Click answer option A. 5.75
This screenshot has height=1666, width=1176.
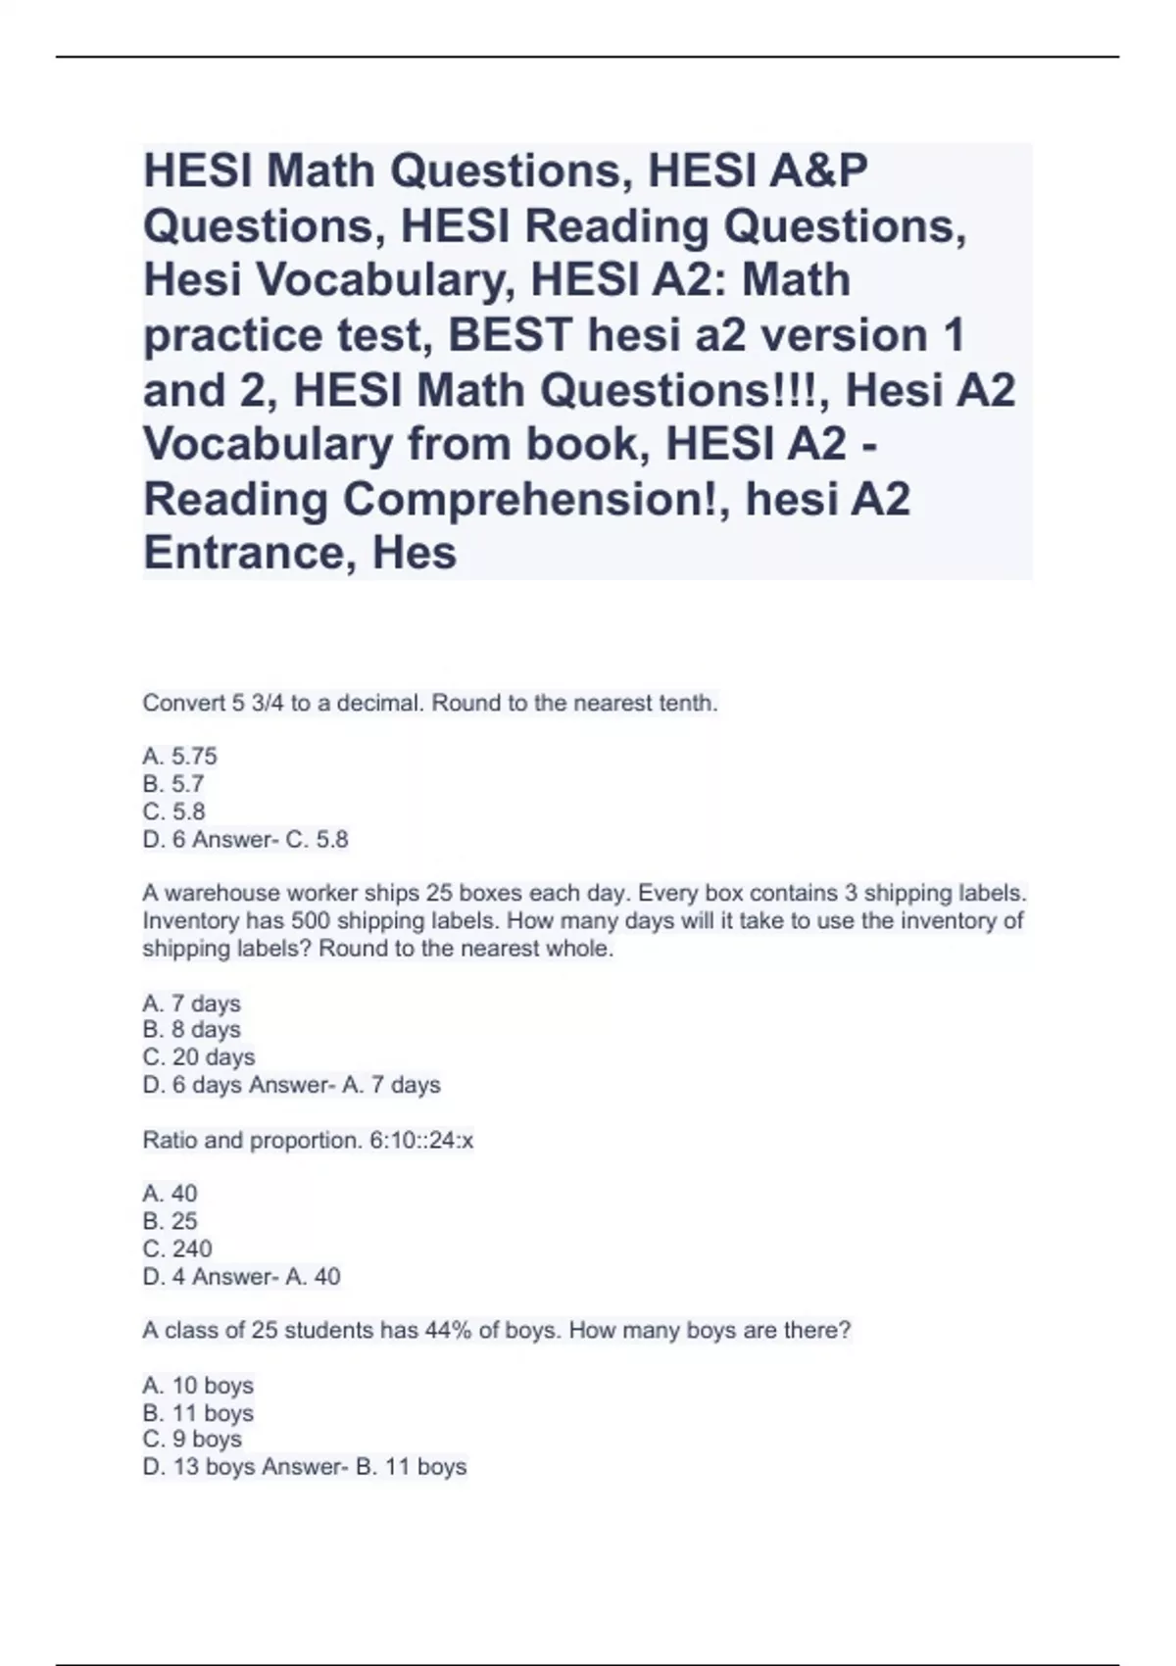pyautogui.click(x=179, y=757)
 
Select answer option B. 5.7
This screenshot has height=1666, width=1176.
pyautogui.click(x=173, y=784)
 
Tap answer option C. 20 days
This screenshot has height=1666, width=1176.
pyautogui.click(x=199, y=1057)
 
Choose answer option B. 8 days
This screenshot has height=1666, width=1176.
pyautogui.click(x=191, y=1030)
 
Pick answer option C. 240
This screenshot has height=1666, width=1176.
pyautogui.click(x=177, y=1249)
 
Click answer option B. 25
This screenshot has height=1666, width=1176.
pyautogui.click(x=170, y=1221)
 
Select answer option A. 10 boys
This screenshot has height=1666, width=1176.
pyautogui.click(x=198, y=1386)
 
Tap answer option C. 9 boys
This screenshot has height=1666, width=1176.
pyautogui.click(x=192, y=1440)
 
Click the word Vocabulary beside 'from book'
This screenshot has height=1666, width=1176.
pyautogui.click(x=267, y=444)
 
